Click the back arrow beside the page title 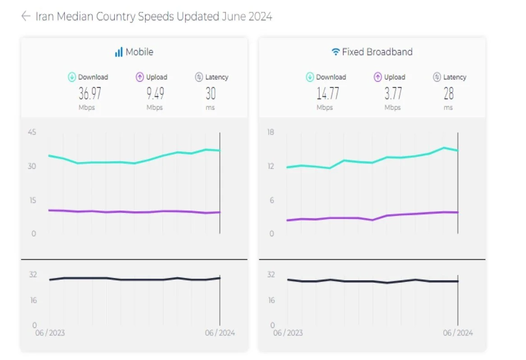25,16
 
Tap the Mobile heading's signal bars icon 119,52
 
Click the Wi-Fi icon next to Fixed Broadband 335,52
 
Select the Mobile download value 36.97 90,93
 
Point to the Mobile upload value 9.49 155,93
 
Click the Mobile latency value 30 210,93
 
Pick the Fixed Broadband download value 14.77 328,93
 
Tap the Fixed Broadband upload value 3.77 393,93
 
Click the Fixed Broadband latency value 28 448,93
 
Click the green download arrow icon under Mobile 72,77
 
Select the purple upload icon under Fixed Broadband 378,77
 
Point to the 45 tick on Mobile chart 32,132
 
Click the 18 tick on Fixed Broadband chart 270,132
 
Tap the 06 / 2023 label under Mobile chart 50,333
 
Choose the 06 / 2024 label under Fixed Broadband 458,333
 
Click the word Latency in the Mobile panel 217,77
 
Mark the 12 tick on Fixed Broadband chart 270,166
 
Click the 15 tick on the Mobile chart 32,200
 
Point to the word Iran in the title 45,17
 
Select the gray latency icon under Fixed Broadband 437,77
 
